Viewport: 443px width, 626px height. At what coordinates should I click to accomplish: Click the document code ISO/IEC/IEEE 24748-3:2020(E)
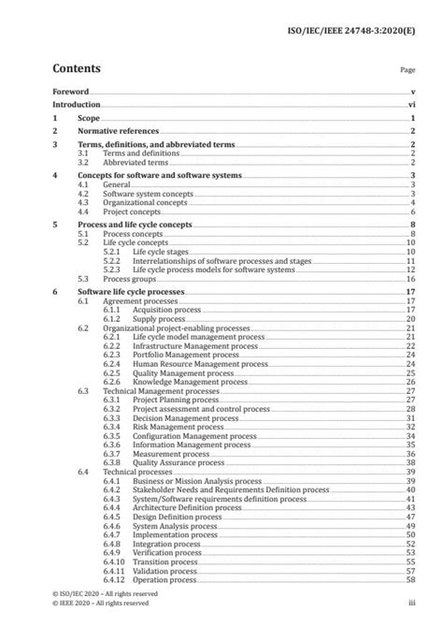(360, 14)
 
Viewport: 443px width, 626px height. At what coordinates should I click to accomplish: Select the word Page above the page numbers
(407, 69)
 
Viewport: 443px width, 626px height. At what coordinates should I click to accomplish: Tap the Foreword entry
(71, 93)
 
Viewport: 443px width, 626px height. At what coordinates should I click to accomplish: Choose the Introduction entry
(78, 108)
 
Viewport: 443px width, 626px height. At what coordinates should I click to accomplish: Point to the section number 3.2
(83, 162)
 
